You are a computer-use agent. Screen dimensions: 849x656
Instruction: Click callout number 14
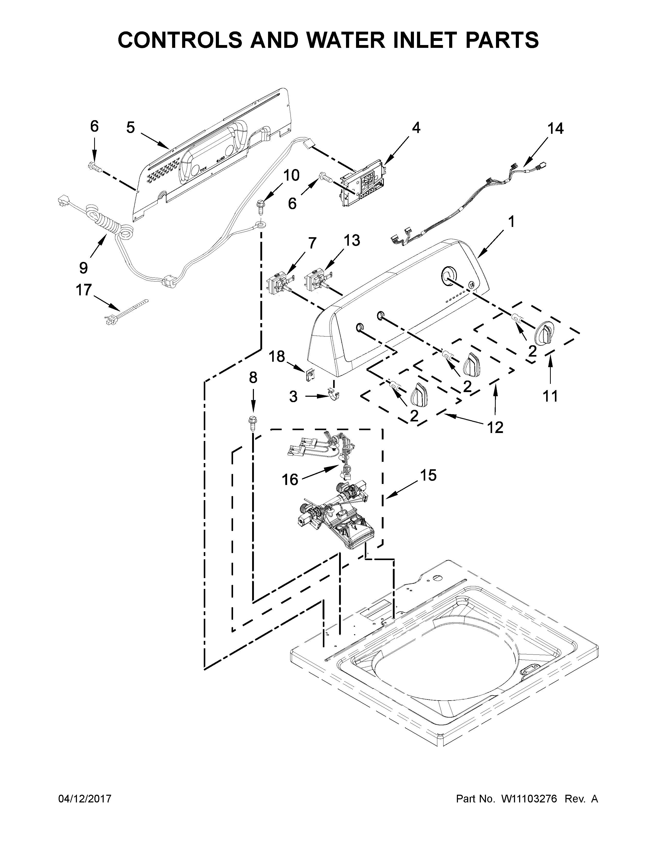[555, 128]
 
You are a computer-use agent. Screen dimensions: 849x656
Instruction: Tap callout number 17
[84, 290]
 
